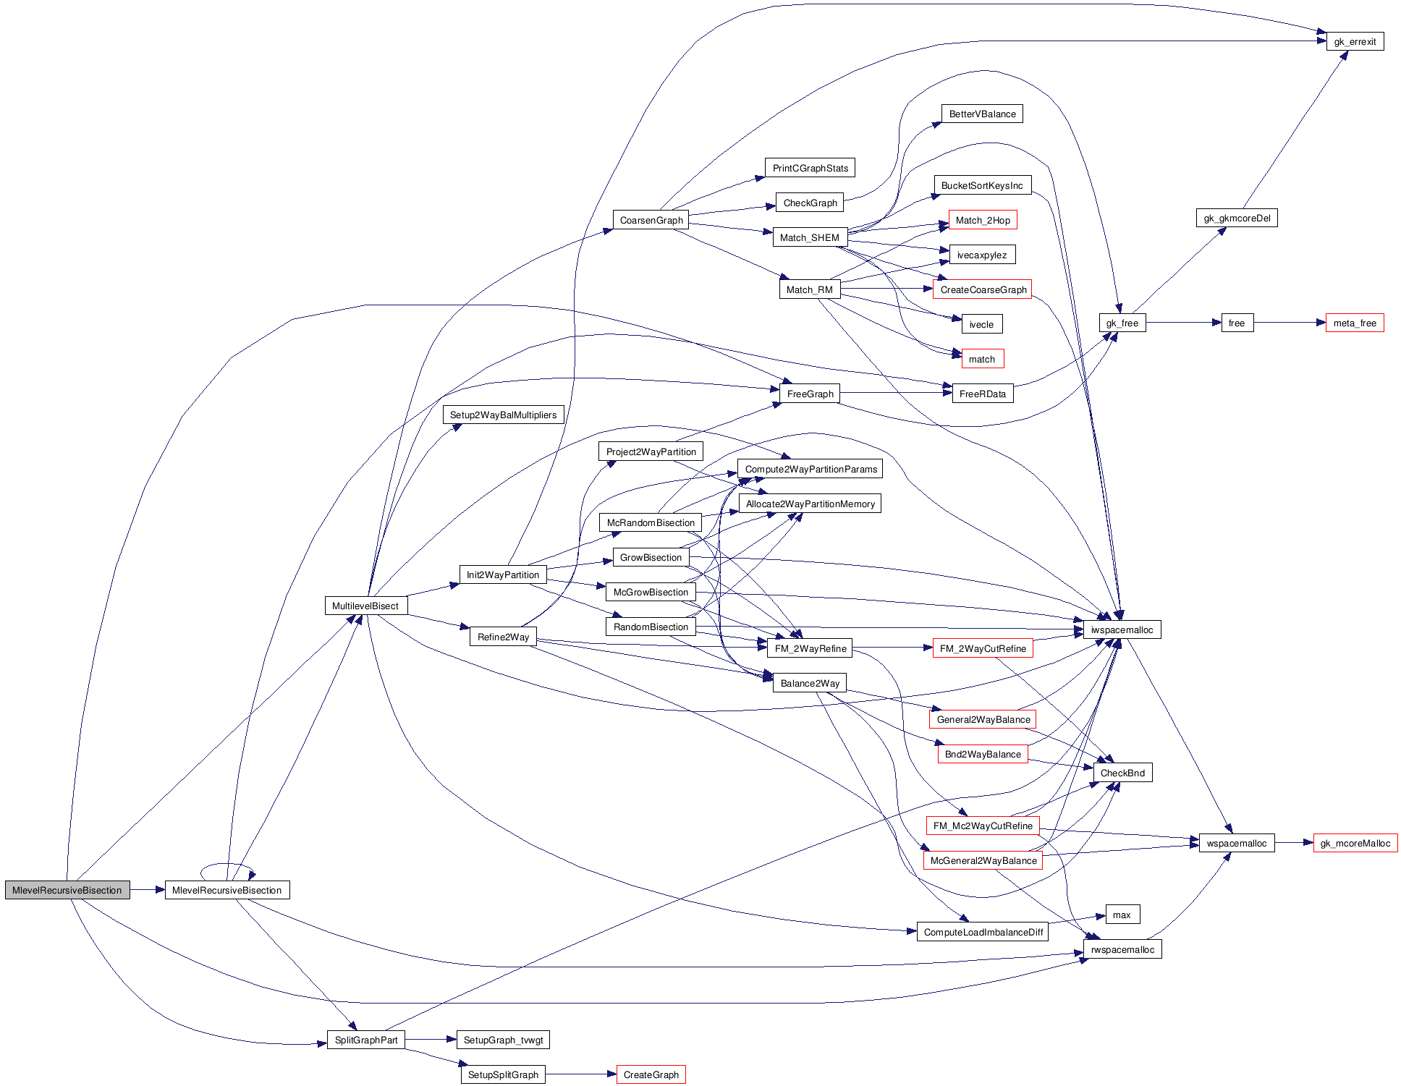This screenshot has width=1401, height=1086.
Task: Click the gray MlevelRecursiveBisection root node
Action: point(67,890)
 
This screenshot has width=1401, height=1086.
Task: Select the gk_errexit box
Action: point(1355,41)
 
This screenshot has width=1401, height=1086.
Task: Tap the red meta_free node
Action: point(1355,323)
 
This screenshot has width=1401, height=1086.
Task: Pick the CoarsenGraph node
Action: point(651,220)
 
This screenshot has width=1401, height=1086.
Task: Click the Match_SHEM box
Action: point(809,237)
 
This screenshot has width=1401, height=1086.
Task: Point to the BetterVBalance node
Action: point(982,114)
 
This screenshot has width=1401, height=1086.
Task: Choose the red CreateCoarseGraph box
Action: point(983,289)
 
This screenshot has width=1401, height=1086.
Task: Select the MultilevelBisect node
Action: point(365,606)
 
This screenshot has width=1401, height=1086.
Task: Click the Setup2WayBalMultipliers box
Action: point(503,415)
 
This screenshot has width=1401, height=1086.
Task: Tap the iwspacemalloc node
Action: point(1122,629)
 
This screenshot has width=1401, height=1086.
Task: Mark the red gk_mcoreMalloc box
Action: point(1355,843)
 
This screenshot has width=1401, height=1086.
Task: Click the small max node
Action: point(1122,915)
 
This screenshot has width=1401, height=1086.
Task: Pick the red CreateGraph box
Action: point(651,1074)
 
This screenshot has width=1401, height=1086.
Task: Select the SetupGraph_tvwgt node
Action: point(503,1040)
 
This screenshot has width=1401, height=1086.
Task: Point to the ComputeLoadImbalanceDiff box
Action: point(983,932)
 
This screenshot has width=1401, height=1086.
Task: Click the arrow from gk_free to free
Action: point(1183,323)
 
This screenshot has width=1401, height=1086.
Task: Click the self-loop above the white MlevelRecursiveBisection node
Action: point(227,865)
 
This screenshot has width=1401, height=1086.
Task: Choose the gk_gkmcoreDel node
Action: point(1237,218)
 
